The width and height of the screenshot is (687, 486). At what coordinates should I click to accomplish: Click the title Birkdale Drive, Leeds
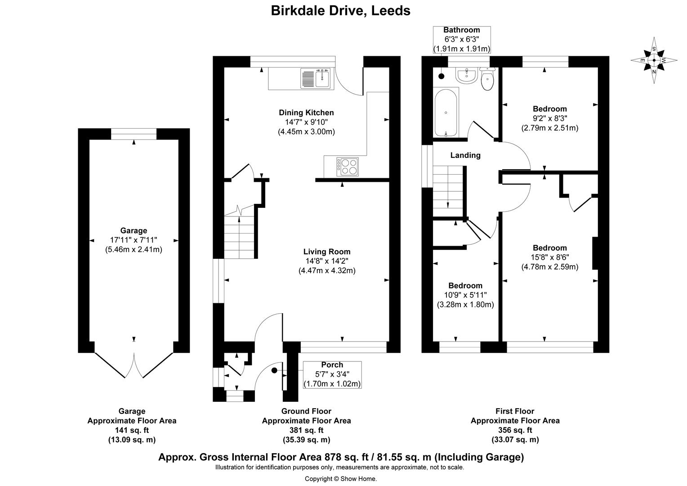tap(340, 10)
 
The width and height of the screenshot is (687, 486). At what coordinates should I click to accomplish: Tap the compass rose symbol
tap(654, 60)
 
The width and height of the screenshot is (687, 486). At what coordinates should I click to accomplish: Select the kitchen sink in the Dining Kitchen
tap(316, 78)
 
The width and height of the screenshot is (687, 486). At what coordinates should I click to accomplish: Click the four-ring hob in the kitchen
tap(347, 166)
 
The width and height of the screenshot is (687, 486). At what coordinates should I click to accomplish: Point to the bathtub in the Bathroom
tap(446, 112)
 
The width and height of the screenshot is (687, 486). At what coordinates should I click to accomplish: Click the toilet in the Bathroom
tap(487, 79)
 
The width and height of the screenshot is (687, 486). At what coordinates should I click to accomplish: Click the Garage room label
tap(134, 231)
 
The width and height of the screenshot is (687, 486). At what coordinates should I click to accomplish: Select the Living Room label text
tap(327, 252)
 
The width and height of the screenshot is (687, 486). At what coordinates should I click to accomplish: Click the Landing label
tap(465, 155)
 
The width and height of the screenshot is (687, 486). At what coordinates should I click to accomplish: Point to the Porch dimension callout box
tap(332, 374)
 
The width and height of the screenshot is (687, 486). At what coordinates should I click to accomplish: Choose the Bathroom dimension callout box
tap(462, 40)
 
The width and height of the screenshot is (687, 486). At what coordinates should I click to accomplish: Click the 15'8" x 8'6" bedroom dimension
tap(549, 257)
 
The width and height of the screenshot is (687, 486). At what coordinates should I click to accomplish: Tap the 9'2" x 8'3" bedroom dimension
tap(549, 118)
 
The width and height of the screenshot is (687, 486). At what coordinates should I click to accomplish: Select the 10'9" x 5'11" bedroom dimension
tap(465, 295)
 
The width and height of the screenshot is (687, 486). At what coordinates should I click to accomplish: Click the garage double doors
tap(134, 365)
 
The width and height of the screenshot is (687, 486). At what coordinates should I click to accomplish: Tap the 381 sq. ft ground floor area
tap(306, 430)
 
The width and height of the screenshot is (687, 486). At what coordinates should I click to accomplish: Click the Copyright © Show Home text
tap(340, 479)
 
